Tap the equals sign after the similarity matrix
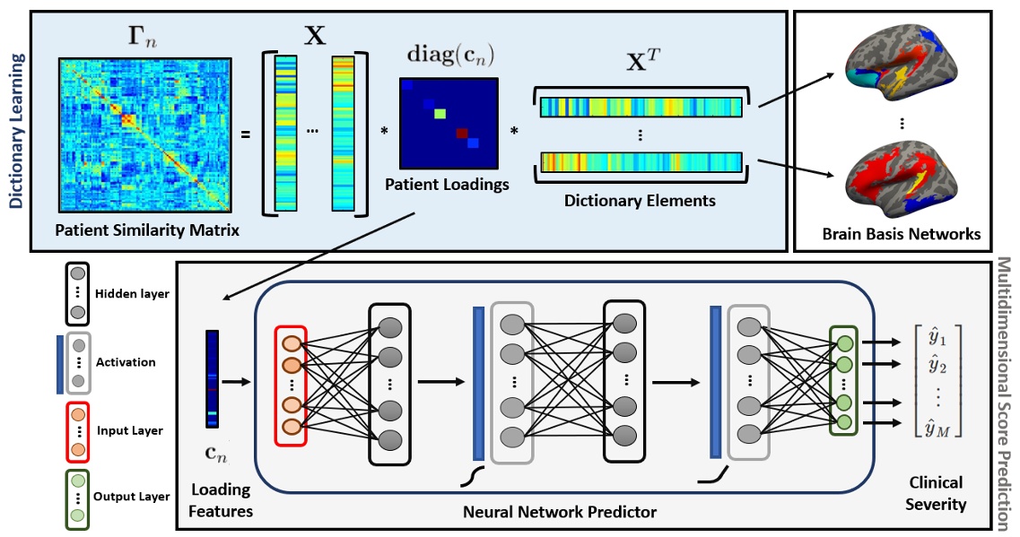point(245,135)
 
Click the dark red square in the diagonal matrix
point(461,134)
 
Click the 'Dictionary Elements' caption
point(640,200)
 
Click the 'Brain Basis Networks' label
point(901,234)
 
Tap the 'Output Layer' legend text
point(133,497)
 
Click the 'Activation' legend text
point(126,362)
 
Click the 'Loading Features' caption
point(221,501)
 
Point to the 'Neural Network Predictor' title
point(560,512)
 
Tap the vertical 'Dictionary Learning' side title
point(15,131)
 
